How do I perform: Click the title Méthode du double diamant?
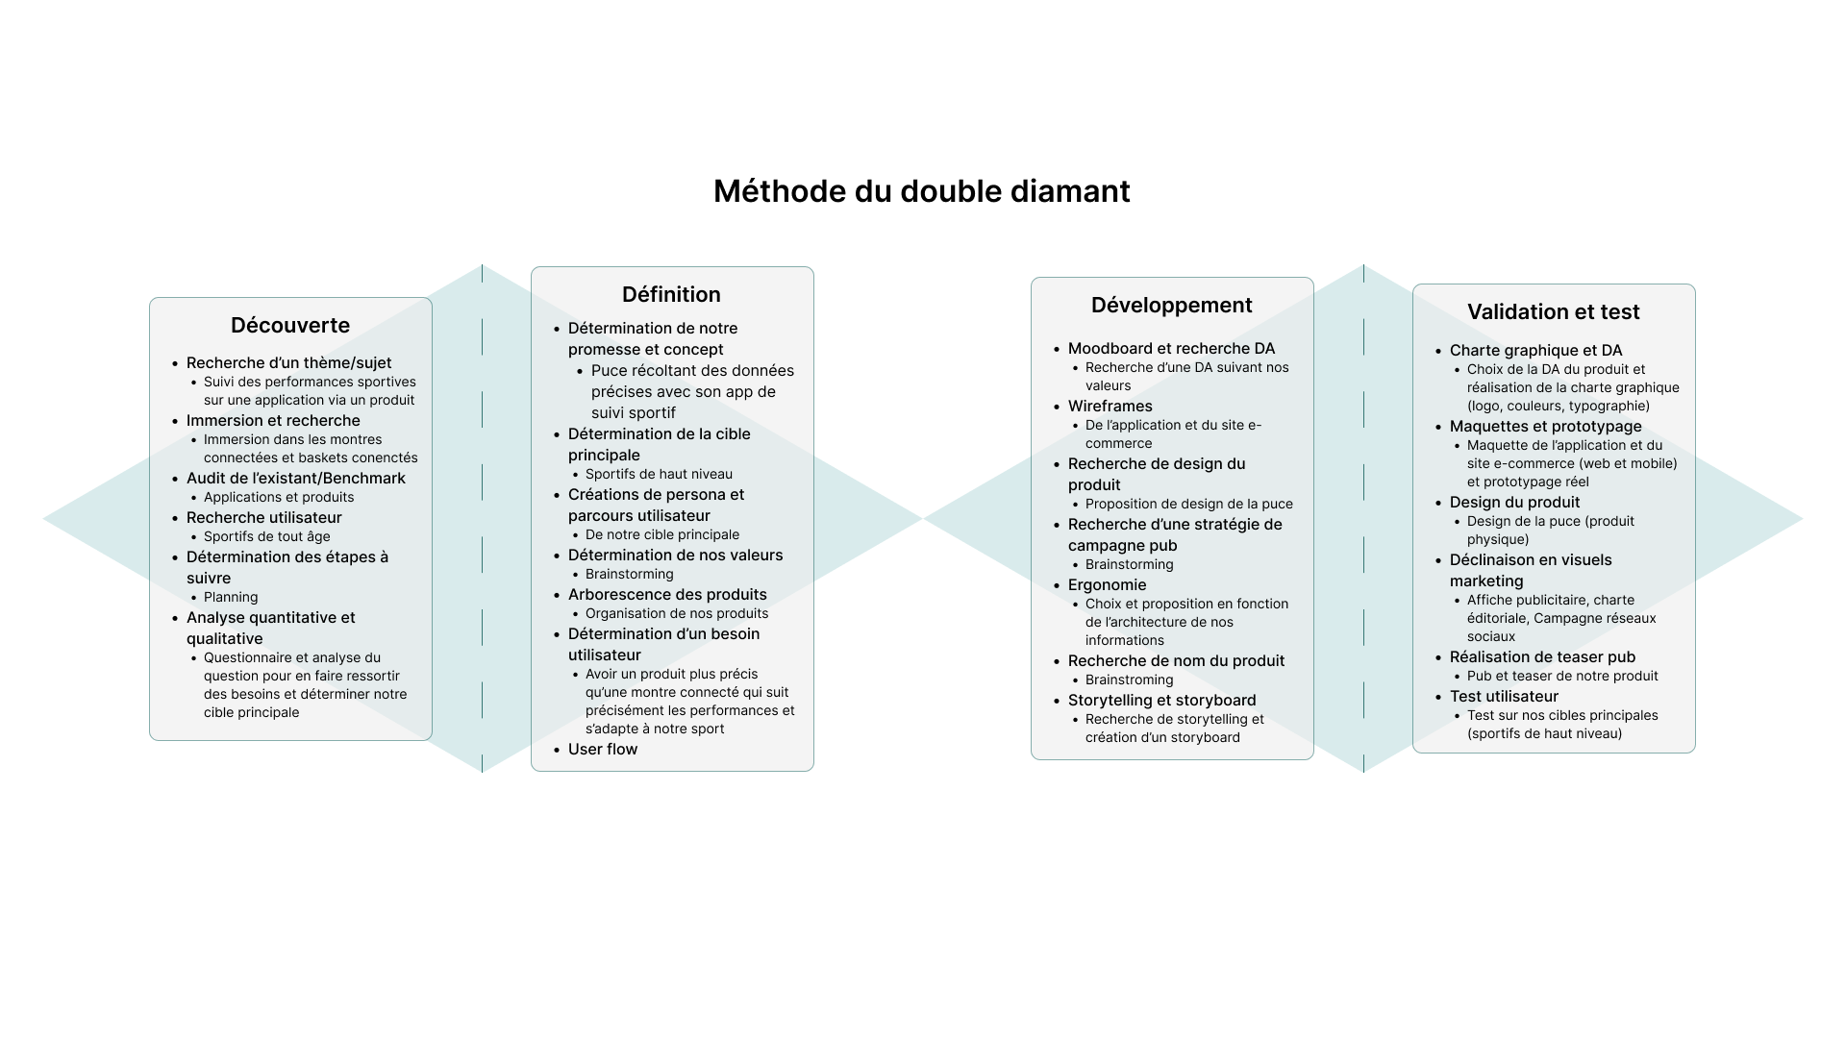[x=921, y=191]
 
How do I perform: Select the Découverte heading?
[x=290, y=325]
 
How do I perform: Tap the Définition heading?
[x=671, y=294]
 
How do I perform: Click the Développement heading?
[x=1171, y=306]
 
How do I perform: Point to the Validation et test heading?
[x=1554, y=311]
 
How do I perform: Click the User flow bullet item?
[x=603, y=749]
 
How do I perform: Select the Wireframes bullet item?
[x=1110, y=406]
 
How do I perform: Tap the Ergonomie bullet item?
[x=1108, y=584]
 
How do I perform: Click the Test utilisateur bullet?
[x=1504, y=696]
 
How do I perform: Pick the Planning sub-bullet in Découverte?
[x=231, y=597]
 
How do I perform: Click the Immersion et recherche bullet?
[x=273, y=420]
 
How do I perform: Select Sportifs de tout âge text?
[x=267, y=536]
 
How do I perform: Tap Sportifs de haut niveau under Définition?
[x=659, y=474]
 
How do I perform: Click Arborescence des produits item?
[x=667, y=594]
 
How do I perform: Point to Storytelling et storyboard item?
[x=1162, y=700]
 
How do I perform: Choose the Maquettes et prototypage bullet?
[x=1546, y=426]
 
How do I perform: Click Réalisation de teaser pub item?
[x=1542, y=656]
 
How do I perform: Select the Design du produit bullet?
[x=1515, y=502]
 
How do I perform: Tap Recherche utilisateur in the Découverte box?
[x=264, y=517]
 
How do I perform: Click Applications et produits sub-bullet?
[x=279, y=497]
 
